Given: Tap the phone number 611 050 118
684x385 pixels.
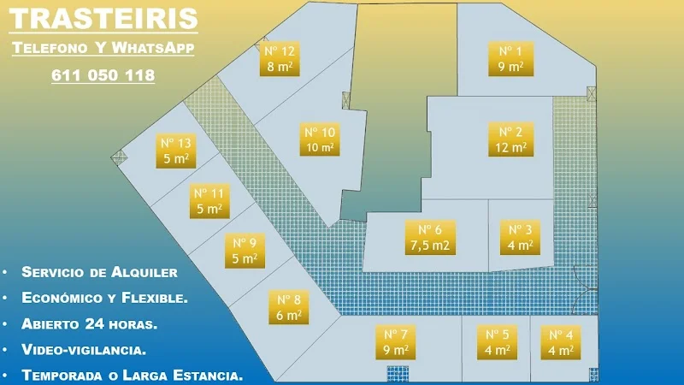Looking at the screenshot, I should click(x=103, y=75).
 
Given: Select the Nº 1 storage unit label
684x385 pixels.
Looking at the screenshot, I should click(x=510, y=58).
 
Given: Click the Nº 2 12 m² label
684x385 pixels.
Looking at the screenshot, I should click(x=511, y=139).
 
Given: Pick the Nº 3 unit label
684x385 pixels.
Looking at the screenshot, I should click(x=521, y=237).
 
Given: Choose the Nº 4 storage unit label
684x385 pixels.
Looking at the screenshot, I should click(x=561, y=342).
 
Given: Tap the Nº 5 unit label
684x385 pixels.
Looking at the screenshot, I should click(x=498, y=342).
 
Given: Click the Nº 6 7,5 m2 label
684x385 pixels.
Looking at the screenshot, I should click(x=430, y=237).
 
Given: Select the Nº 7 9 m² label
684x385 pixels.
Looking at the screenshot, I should click(x=395, y=342).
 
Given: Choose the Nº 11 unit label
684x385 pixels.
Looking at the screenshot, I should click(x=209, y=201).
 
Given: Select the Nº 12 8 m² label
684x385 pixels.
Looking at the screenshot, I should click(x=281, y=59).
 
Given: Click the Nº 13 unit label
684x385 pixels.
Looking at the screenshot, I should click(x=177, y=151).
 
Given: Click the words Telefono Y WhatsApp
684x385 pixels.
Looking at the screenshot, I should click(x=103, y=49).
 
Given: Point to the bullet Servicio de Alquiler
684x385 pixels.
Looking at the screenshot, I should click(x=99, y=272).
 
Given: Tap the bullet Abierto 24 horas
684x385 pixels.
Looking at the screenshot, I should click(x=90, y=324).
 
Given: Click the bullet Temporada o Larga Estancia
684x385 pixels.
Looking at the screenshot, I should click(x=133, y=376).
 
